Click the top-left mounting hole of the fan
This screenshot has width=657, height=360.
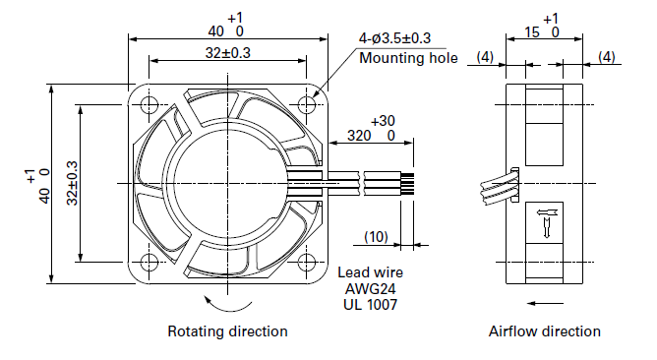point(149,104)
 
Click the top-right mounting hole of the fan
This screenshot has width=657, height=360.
point(306,104)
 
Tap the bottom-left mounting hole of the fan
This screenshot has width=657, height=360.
point(149,262)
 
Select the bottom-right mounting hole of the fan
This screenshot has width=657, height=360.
point(306,262)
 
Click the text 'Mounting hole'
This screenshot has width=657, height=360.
point(408,58)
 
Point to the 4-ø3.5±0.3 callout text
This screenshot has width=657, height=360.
point(394,38)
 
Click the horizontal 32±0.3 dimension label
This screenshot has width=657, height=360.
point(228,53)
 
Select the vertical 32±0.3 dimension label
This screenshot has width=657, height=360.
point(72,183)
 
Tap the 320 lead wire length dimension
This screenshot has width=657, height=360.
point(359,136)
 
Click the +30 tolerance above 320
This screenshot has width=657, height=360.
point(383,121)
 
